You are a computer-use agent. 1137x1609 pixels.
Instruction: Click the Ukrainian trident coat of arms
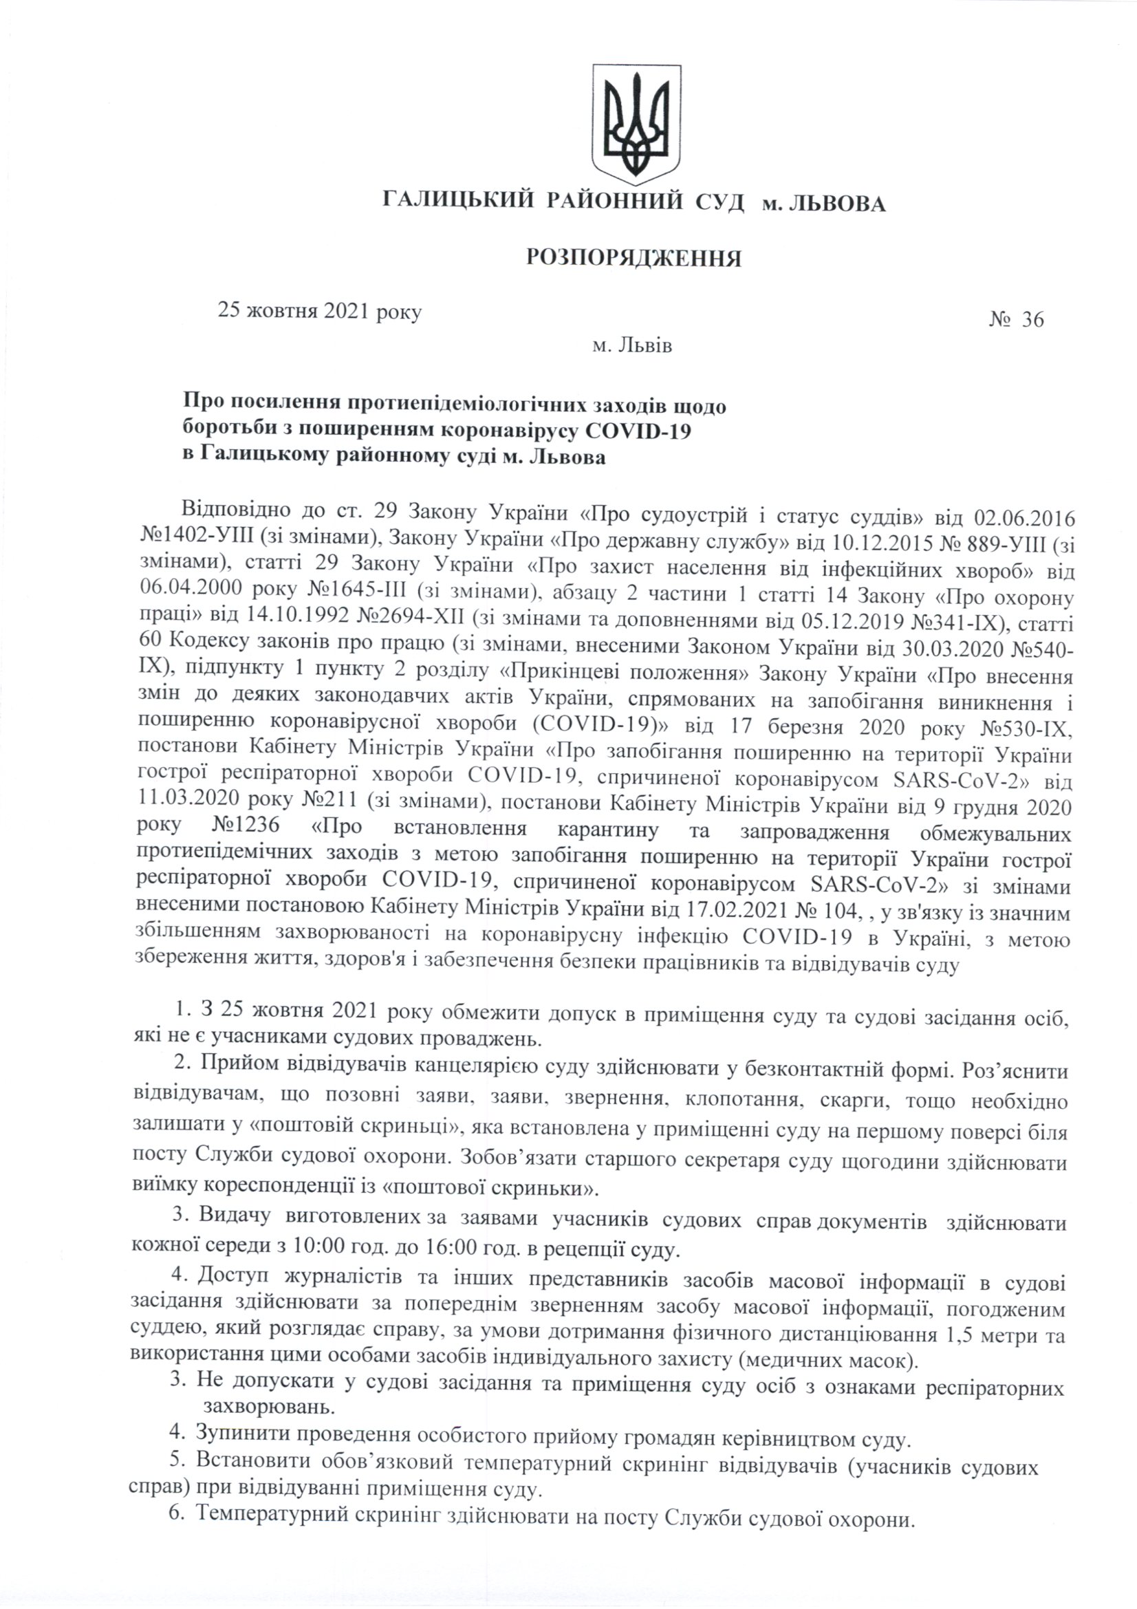point(636,120)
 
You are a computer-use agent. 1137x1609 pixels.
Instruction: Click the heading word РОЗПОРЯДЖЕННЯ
point(634,259)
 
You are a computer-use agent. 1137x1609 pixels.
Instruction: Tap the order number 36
point(1032,320)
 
